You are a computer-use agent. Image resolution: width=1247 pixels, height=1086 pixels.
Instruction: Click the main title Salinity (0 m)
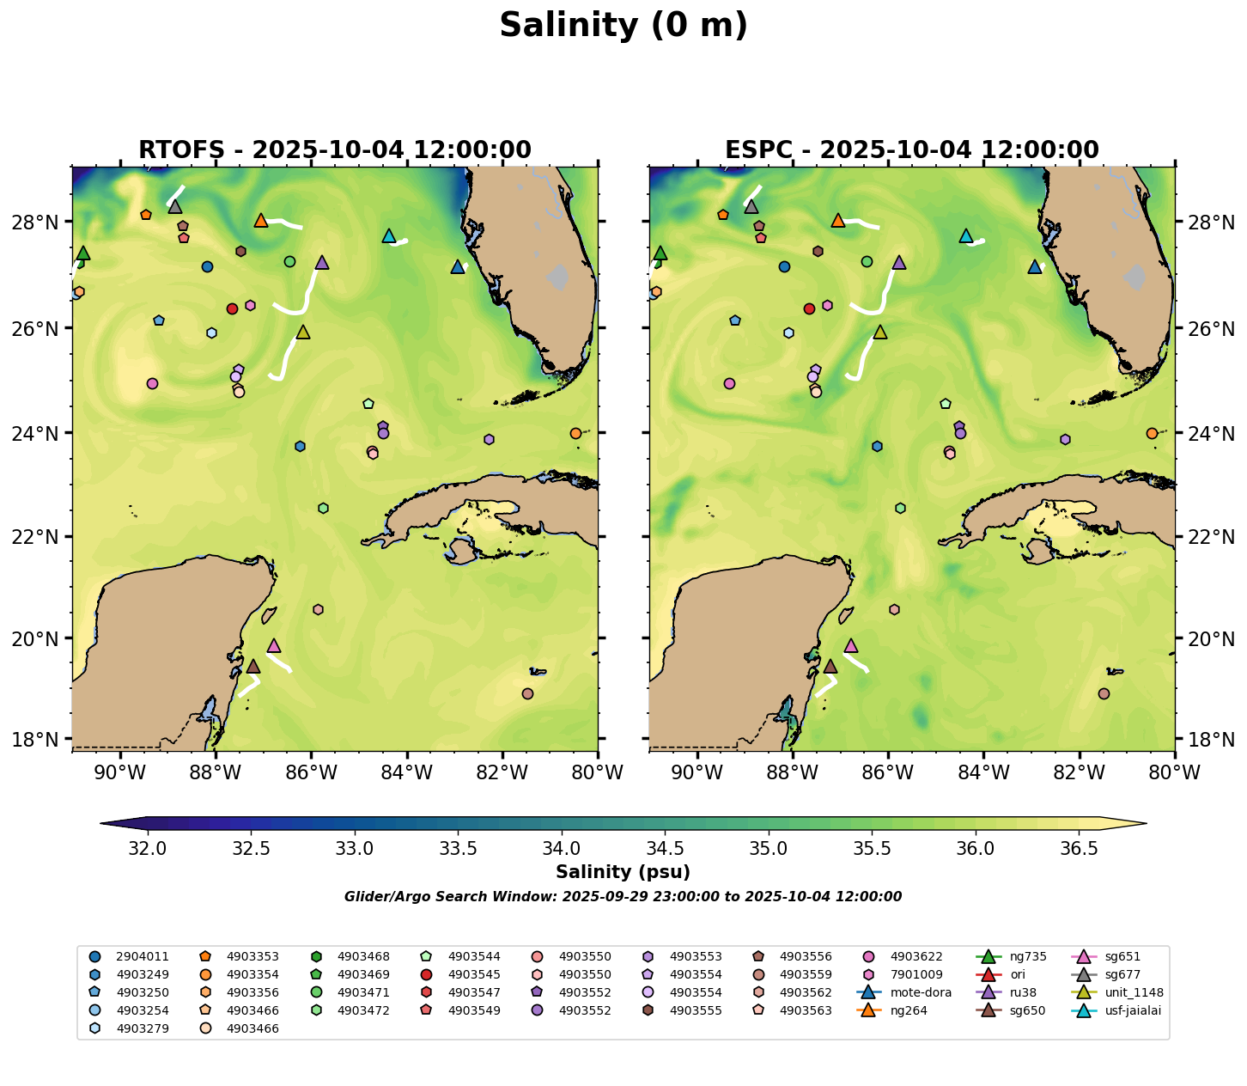click(x=623, y=26)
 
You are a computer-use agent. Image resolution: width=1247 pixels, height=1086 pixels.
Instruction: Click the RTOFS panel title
click(x=335, y=150)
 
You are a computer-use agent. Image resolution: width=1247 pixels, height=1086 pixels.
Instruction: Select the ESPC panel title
click(x=912, y=150)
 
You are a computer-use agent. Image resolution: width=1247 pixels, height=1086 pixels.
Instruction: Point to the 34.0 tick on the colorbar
click(x=562, y=849)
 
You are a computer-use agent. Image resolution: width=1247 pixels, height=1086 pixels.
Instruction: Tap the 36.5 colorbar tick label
click(x=1080, y=849)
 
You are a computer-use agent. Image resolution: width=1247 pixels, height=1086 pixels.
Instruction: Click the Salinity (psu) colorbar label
click(x=623, y=872)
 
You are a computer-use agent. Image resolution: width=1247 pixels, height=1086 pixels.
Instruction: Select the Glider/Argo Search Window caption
click(x=623, y=897)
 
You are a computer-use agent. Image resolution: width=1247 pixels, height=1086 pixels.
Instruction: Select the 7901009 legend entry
click(x=917, y=974)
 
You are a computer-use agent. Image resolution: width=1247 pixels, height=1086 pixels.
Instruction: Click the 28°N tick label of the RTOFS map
click(x=45, y=223)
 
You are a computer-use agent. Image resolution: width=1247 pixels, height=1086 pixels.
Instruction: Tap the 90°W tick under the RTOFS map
click(x=119, y=772)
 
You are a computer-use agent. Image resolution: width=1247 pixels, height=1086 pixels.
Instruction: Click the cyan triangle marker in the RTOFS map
click(x=388, y=235)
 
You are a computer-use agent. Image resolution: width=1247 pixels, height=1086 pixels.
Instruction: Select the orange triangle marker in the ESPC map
click(x=838, y=221)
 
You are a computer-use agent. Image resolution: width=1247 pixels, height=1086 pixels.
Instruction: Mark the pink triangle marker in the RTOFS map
click(x=274, y=645)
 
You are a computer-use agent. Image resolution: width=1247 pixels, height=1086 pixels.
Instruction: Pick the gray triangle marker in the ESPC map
click(x=751, y=207)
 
